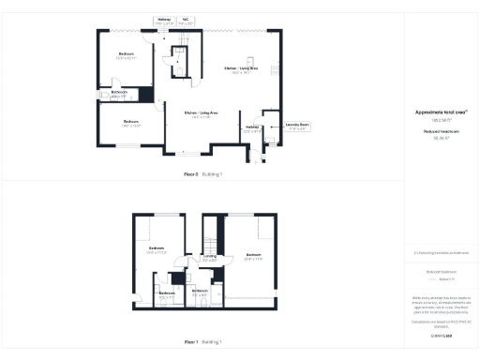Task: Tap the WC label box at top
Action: [x=187, y=20]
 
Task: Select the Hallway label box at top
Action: [x=164, y=20]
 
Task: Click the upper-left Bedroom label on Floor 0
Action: [x=126, y=56]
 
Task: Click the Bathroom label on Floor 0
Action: [x=119, y=94]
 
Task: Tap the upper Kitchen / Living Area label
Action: [x=241, y=70]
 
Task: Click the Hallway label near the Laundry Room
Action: [x=252, y=128]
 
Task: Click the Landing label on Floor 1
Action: [x=210, y=258]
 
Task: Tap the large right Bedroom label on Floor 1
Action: [x=253, y=255]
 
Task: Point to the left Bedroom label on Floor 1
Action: [x=156, y=250]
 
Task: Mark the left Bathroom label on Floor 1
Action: [x=167, y=294]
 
